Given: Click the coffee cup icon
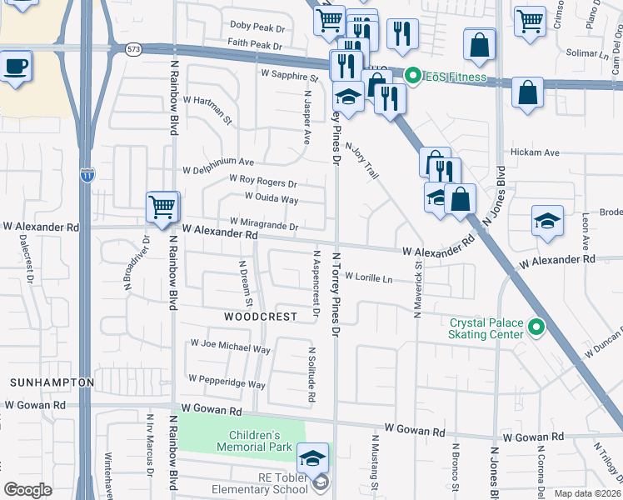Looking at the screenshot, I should pos(16,65).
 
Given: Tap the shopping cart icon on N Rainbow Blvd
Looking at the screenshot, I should pos(162,206).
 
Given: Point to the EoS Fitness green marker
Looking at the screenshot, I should pos(411,78).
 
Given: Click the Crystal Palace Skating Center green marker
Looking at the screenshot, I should pos(536,328).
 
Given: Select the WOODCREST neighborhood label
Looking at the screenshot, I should pos(261,317).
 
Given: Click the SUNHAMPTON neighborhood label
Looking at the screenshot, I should pos(52,382).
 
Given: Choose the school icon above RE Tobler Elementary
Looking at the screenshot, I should pos(312,457).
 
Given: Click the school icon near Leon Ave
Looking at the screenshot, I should pos(547,221).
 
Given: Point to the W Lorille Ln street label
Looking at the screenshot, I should pos(368,277).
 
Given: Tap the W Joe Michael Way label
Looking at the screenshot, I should pos(230,343).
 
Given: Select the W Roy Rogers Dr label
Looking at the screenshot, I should pos(262,180).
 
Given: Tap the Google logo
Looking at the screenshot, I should pos(27,490).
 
